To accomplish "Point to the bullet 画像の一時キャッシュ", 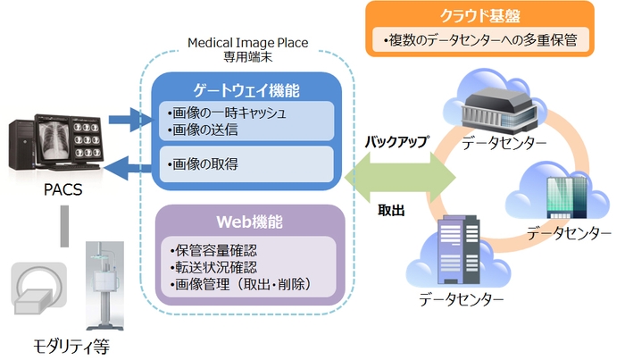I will (x=227, y=113).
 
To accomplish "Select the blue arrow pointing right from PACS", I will (x=124, y=117).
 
